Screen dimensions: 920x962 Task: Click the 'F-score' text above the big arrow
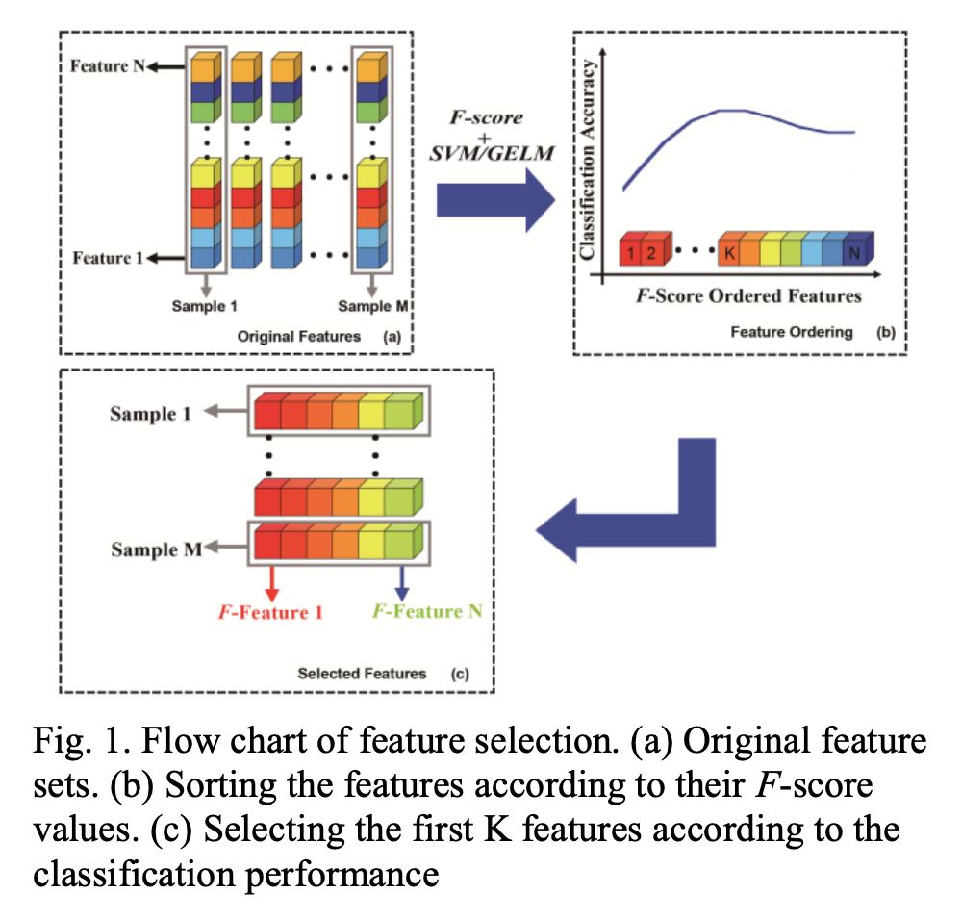pos(487,117)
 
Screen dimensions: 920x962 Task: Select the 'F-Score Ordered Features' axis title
pos(747,294)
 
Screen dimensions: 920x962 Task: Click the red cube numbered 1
pos(629,254)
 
